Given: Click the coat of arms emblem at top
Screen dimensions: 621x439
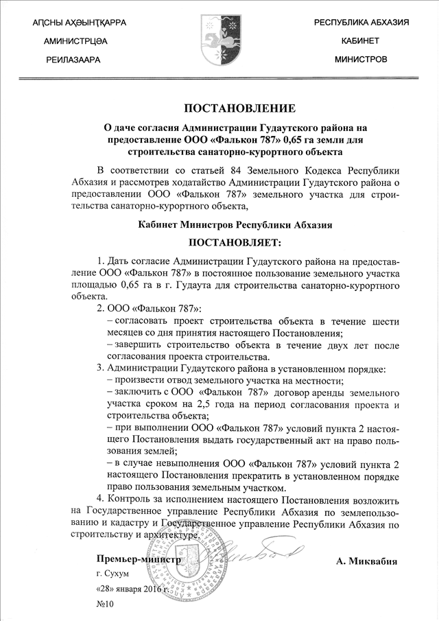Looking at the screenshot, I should coord(219,41).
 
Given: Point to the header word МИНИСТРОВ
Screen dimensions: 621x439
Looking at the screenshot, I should coord(361,60).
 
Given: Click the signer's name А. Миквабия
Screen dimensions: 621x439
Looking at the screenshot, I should coord(367,560).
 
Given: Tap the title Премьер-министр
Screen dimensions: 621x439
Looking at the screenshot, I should coord(138,559).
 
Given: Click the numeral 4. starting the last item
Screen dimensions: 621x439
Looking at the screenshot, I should coord(102,498).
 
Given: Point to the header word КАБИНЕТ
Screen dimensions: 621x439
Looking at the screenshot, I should coord(361,42).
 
